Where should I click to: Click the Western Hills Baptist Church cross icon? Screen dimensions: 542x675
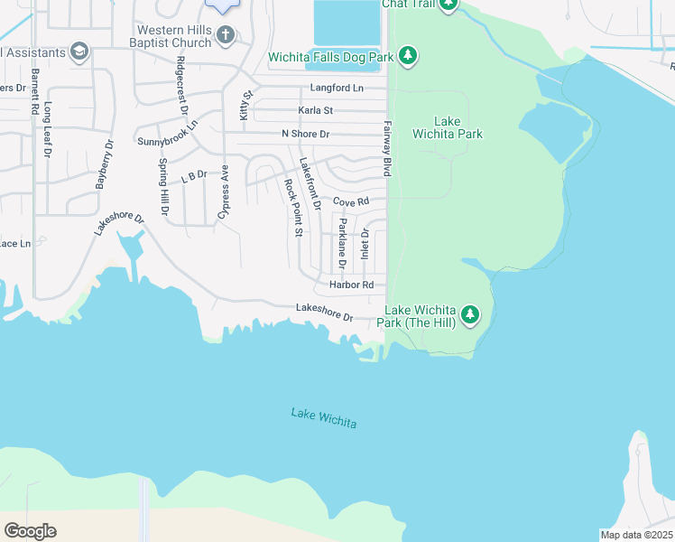pos(226,35)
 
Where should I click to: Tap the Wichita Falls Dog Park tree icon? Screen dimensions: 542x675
pos(409,57)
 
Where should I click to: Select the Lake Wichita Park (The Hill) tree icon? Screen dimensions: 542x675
pos(469,315)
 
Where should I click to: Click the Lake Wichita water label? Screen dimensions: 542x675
pos(323,418)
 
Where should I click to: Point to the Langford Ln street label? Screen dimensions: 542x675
pos(336,89)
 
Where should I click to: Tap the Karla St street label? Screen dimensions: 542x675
pos(316,110)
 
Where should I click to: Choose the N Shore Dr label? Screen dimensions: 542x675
pos(305,134)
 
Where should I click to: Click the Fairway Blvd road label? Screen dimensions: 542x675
pos(388,149)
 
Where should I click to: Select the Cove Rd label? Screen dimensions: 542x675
pos(351,202)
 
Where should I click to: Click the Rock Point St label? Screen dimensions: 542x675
pos(291,208)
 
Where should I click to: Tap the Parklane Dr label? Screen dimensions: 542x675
pos(342,244)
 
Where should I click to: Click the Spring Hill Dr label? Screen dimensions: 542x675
pos(163,187)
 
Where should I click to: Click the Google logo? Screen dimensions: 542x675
pos(30,531)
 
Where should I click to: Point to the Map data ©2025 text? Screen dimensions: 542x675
pos(636,535)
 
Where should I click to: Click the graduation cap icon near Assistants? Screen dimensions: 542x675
pos(79,51)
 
